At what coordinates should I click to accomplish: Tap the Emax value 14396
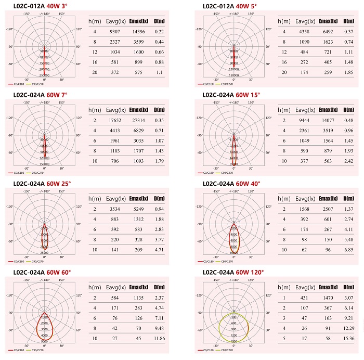(x=137, y=32)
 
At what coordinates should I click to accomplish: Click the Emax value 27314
(x=137, y=121)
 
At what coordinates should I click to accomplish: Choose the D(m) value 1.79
(x=159, y=161)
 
